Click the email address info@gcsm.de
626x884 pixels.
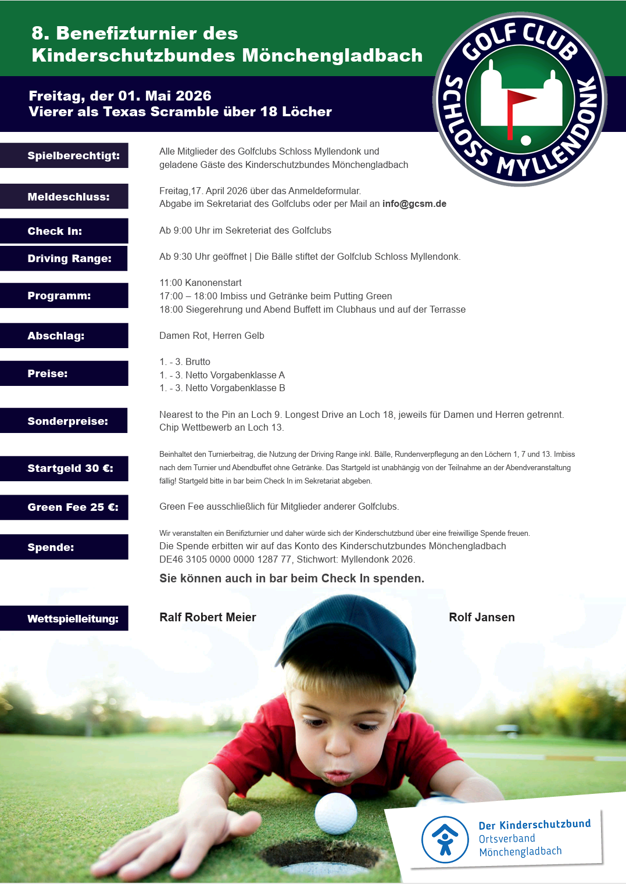click(414, 204)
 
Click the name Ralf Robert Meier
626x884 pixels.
click(208, 617)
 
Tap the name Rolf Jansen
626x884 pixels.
click(481, 617)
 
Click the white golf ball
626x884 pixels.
click(335, 813)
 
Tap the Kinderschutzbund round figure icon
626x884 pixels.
click(445, 839)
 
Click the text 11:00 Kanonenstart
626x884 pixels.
click(201, 283)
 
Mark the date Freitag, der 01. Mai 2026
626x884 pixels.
click(120, 96)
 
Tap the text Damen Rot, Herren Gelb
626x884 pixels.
click(212, 336)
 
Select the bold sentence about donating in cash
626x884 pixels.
click(292, 578)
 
